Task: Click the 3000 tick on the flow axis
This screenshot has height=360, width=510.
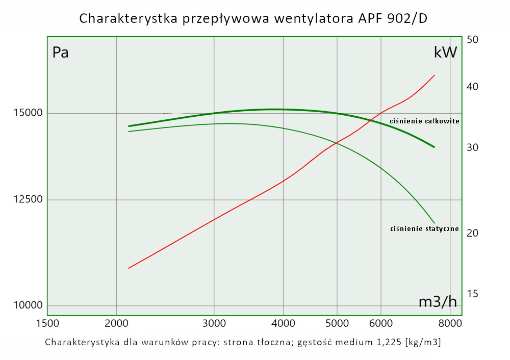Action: point(214,323)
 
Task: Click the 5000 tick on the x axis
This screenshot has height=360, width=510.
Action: point(337,323)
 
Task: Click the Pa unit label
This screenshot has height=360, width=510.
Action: point(61,53)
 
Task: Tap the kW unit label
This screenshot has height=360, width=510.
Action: point(445,53)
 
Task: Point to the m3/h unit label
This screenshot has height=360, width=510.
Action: point(438,302)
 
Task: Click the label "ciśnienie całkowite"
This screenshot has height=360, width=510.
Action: point(424,121)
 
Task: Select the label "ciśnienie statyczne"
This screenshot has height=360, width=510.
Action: point(424,229)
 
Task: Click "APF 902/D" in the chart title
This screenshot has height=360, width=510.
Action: point(392,19)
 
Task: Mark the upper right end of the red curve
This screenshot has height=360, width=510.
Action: point(435,75)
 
